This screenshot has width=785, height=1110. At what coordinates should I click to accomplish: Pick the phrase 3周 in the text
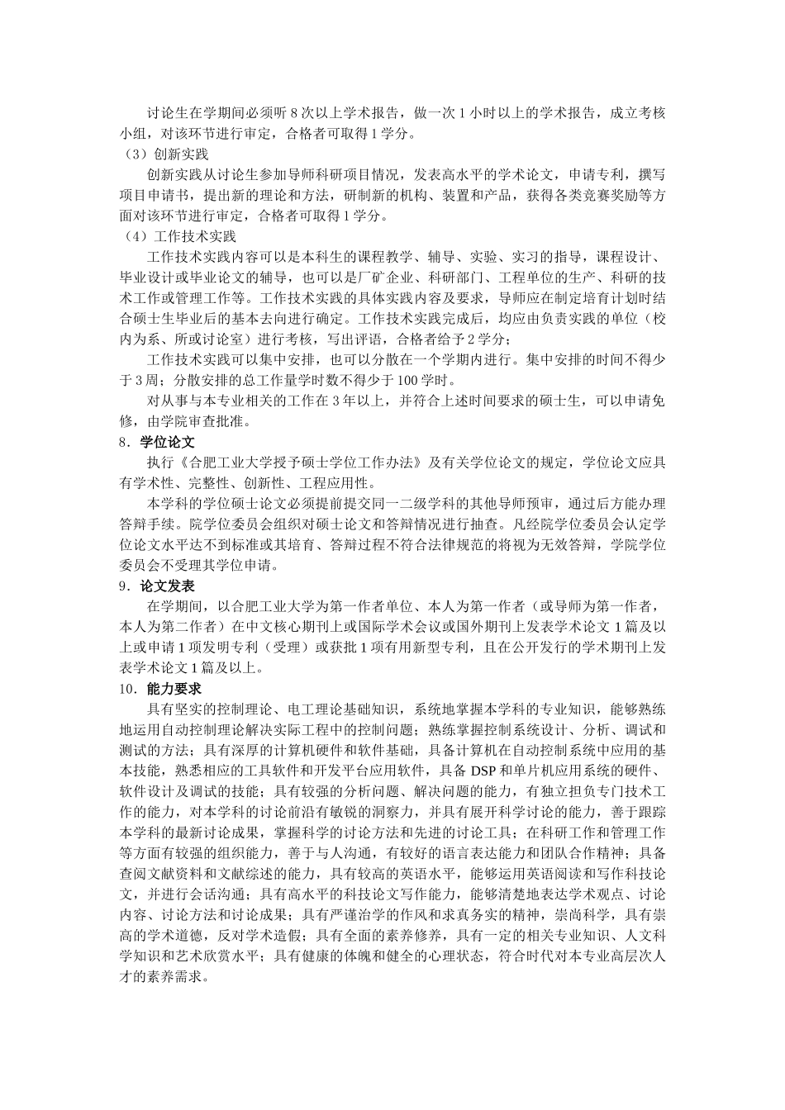click(132, 380)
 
